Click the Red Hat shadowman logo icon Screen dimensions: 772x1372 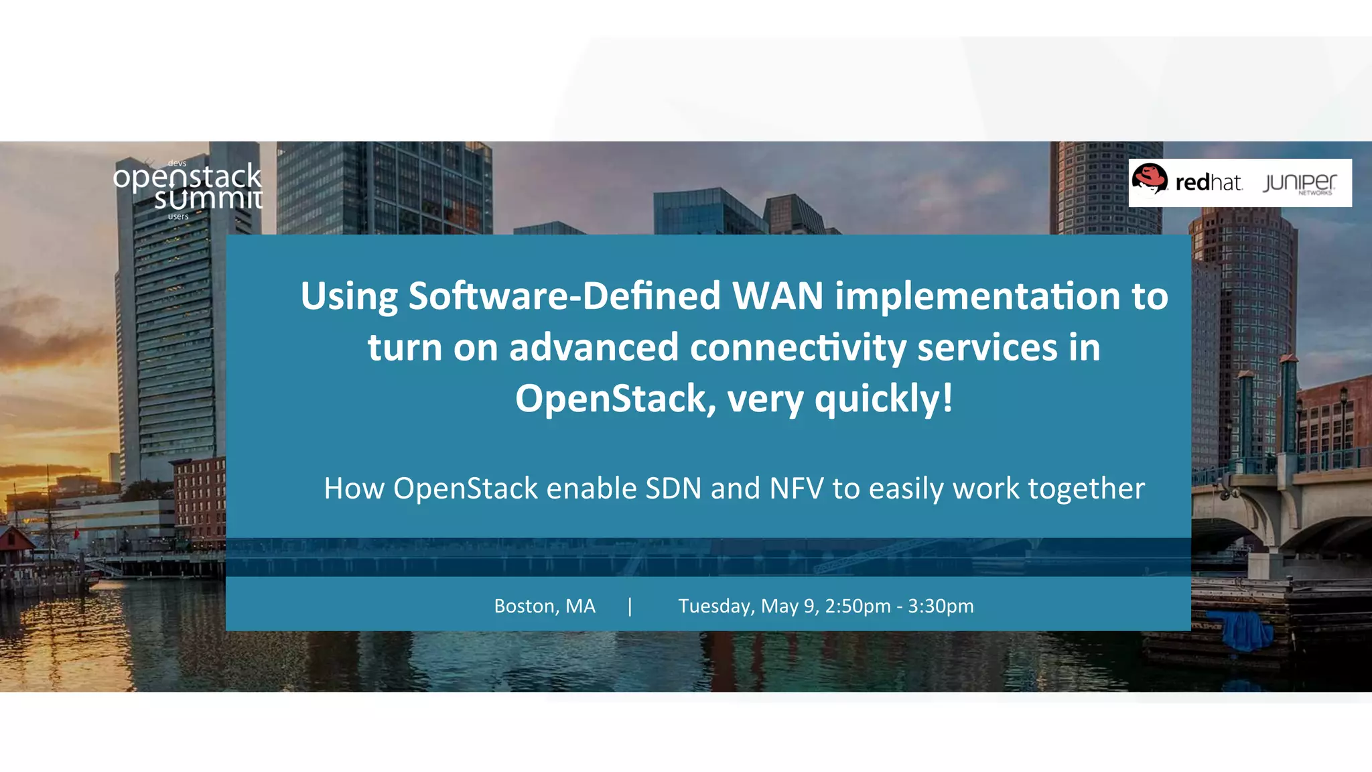[x=1150, y=180]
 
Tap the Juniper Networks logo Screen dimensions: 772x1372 [x=1299, y=183]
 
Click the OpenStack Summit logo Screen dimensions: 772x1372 [x=188, y=188]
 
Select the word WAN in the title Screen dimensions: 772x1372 [x=777, y=296]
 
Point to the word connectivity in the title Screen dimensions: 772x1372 [x=797, y=347]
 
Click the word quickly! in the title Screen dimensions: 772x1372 [x=884, y=398]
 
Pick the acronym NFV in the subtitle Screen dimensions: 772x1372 [x=797, y=488]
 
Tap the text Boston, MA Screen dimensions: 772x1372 [x=545, y=606]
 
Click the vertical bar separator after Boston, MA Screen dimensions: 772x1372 [x=630, y=606]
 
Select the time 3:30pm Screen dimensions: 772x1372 [x=941, y=606]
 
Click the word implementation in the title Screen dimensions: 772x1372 [x=977, y=296]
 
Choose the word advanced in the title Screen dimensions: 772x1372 [x=594, y=347]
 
